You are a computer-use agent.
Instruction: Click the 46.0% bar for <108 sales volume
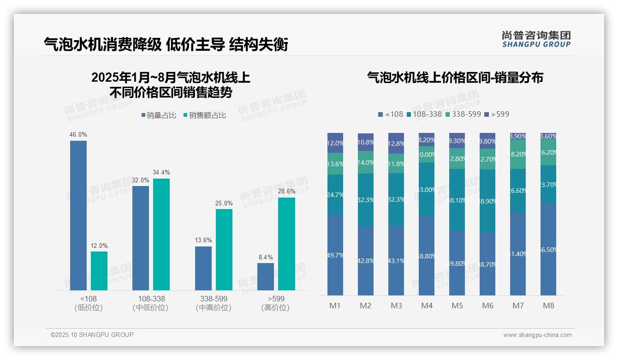pyautogui.click(x=78, y=215)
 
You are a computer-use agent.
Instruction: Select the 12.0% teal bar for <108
pyautogui.click(x=99, y=270)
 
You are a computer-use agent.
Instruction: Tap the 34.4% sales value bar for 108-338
pyautogui.click(x=161, y=234)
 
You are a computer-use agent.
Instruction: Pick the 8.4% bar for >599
pyautogui.click(x=266, y=276)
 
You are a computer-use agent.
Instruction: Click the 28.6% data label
pyautogui.click(x=286, y=191)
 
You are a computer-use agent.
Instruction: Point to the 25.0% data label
pyautogui.click(x=224, y=203)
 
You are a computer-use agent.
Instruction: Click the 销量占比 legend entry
pyautogui.click(x=159, y=115)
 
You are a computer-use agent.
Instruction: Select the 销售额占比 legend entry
pyautogui.click(x=205, y=115)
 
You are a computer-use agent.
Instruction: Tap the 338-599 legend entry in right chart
pyautogui.click(x=463, y=114)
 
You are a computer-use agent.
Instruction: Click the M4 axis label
pyautogui.click(x=427, y=306)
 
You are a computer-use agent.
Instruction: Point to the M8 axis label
pyautogui.click(x=548, y=306)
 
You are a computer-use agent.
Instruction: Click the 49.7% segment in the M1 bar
pyautogui.click(x=335, y=255)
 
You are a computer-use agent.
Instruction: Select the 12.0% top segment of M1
pyautogui.click(x=335, y=143)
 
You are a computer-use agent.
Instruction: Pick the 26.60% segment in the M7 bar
pyautogui.click(x=518, y=191)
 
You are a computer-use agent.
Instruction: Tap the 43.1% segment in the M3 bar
pyautogui.click(x=396, y=260)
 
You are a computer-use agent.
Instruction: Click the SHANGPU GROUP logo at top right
pyautogui.click(x=536, y=39)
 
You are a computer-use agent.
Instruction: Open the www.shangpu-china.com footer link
pyautogui.click(x=537, y=335)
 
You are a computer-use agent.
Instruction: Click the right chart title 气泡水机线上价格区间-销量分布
pyautogui.click(x=455, y=78)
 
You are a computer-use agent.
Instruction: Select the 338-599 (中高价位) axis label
pyautogui.click(x=214, y=303)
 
